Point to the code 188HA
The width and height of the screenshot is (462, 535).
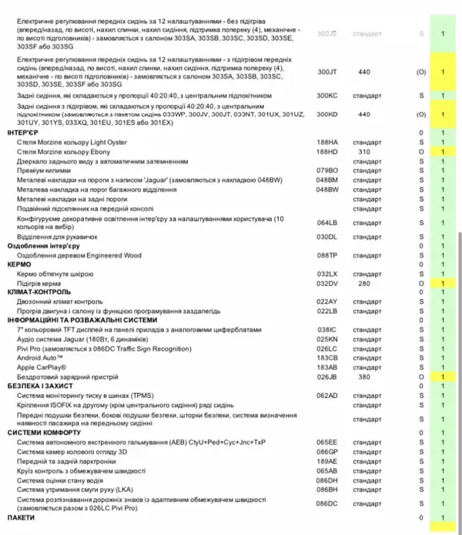pos(327,143)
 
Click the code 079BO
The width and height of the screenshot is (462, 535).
pos(327,172)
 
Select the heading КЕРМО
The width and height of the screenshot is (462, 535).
pos(19,264)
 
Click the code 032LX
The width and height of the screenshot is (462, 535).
pos(327,274)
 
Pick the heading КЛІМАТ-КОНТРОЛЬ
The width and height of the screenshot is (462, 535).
pos(38,292)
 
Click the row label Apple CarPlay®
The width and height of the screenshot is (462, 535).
pos(46,368)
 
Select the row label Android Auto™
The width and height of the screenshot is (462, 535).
pos(45,358)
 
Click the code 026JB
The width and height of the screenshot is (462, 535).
pos(327,377)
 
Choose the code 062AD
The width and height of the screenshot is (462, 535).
pos(327,395)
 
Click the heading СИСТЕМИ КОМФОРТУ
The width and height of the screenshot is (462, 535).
pos(41,432)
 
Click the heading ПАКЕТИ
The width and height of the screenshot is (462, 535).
pos(20,517)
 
